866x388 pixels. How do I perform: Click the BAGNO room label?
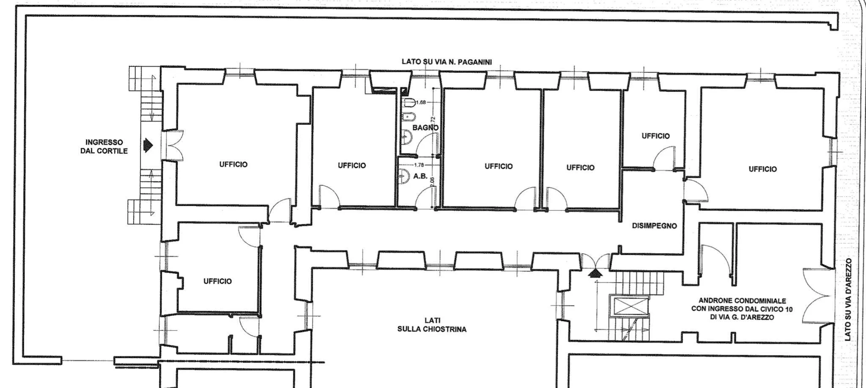[425, 127]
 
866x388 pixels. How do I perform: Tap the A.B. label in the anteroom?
[420, 176]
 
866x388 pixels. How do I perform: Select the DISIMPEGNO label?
[654, 226]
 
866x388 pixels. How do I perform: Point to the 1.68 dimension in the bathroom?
[421, 102]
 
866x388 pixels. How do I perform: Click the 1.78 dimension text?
[419, 165]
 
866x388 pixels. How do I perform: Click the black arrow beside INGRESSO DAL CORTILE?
[148, 146]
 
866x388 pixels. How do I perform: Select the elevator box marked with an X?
[629, 306]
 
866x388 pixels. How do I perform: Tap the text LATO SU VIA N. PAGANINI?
[447, 62]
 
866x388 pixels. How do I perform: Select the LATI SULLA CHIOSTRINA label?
[432, 325]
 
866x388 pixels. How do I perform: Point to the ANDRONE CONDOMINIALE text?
[742, 301]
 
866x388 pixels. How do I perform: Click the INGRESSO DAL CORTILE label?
[104, 146]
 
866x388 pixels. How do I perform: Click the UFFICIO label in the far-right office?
[762, 169]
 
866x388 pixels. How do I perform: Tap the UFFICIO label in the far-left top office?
[233, 165]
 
